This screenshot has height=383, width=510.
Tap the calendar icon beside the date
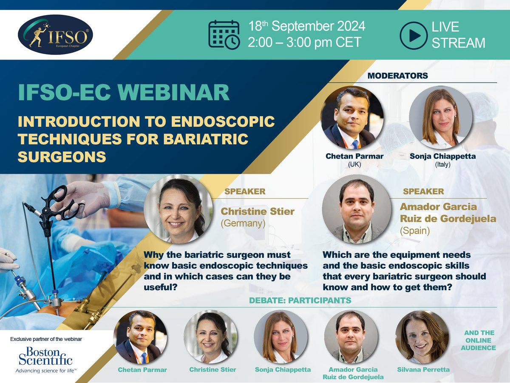point(224,34)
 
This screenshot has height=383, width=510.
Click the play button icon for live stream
point(413,34)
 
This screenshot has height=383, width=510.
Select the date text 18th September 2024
point(307,26)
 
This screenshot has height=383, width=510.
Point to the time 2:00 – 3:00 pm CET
point(305,42)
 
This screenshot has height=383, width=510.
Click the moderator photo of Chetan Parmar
point(352,117)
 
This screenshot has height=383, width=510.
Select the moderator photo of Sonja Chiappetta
point(440,117)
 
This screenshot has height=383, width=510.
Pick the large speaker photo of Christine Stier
point(178,209)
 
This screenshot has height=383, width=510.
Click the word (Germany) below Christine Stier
point(243,224)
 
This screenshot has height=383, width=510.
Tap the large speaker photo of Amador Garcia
point(356,209)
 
